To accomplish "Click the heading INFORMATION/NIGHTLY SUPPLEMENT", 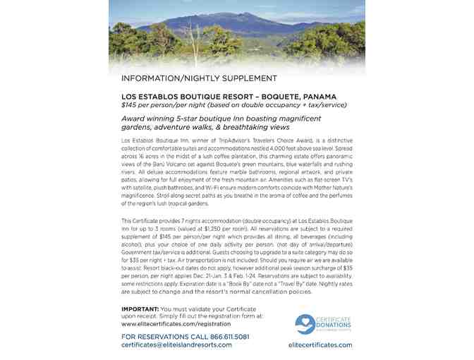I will click(x=199, y=78).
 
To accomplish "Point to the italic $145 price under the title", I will click(x=129, y=104).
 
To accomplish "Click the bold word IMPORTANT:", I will click(x=140, y=309).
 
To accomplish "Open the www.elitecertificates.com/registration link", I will click(x=177, y=323).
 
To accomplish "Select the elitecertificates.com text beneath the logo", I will click(x=320, y=344).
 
